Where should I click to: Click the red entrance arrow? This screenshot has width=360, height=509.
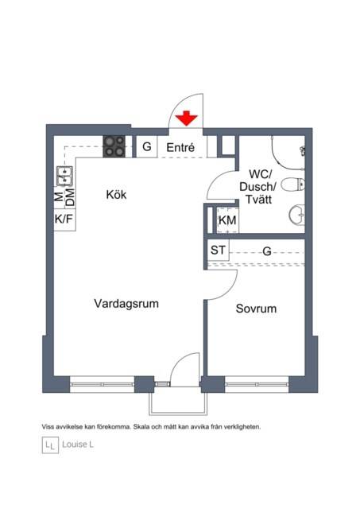pos(187,119)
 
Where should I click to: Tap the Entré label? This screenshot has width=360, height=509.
pos(180,147)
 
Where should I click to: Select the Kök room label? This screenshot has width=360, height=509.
pos(116,194)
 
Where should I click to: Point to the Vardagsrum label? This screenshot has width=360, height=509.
pos(126,304)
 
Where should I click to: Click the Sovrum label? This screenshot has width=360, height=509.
pos(256,309)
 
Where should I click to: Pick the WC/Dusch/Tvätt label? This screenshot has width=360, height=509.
pos(258,187)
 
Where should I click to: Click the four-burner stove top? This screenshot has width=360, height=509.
pos(114,146)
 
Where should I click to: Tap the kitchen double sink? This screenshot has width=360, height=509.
pos(64,176)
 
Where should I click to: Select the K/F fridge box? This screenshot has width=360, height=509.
pos(64,220)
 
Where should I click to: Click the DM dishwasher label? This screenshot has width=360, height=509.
pos(70,197)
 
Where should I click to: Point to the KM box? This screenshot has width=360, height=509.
pos(227,220)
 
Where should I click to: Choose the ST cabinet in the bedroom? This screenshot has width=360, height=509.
pos(218,250)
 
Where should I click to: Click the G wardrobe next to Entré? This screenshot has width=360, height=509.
pos(146,146)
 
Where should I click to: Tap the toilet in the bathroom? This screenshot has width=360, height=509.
pos(292,185)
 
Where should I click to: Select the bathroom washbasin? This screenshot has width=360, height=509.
pos(296,215)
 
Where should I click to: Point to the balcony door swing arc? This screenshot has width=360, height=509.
pos(178,360)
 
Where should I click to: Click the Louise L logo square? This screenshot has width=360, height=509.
pos(50,445)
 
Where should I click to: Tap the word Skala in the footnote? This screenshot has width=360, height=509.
pos(141,427)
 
